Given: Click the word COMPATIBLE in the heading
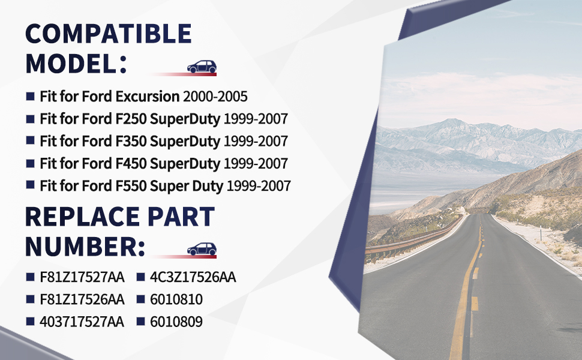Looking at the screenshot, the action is tap(109, 34).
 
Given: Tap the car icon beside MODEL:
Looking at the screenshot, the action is tap(202, 67).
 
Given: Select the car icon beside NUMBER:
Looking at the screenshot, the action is tap(202, 249).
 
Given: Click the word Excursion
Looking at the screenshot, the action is tap(148, 97).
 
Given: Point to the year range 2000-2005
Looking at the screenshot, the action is tap(215, 97).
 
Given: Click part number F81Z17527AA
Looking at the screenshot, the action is tap(82, 277).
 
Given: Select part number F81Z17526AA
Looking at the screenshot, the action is tap(82, 299).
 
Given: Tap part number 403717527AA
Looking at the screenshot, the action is tap(82, 322).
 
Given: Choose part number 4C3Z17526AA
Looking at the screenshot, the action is tap(193, 277).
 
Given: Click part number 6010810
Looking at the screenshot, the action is tap(176, 299).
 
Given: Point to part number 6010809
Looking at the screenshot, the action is tap(176, 322).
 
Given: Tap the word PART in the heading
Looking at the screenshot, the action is tap(181, 217).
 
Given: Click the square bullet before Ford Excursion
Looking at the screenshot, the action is tap(31, 97).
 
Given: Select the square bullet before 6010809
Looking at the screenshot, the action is tap(140, 321).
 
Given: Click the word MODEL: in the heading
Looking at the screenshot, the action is tap(76, 64).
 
